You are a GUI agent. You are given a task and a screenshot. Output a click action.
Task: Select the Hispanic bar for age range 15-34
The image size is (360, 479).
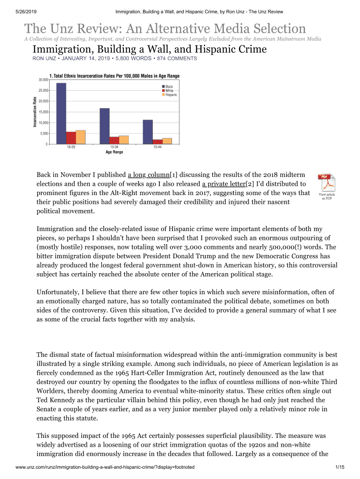(x=124, y=139)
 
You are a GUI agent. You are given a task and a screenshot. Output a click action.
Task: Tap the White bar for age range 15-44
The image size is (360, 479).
(x=158, y=141)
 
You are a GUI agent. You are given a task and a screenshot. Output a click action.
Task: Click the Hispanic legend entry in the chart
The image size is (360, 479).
(x=171, y=95)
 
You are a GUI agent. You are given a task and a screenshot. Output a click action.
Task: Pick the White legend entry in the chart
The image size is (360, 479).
(x=169, y=91)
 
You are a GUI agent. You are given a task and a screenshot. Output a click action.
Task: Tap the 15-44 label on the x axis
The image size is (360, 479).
(x=157, y=147)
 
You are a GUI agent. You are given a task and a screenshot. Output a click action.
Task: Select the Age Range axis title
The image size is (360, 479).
(x=108, y=152)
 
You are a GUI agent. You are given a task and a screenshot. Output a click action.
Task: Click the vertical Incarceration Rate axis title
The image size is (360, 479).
(x=35, y=111)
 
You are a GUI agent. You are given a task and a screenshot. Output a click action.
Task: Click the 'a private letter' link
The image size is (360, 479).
(x=223, y=184)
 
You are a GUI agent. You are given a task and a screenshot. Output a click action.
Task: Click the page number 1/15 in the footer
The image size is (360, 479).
(x=340, y=467)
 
